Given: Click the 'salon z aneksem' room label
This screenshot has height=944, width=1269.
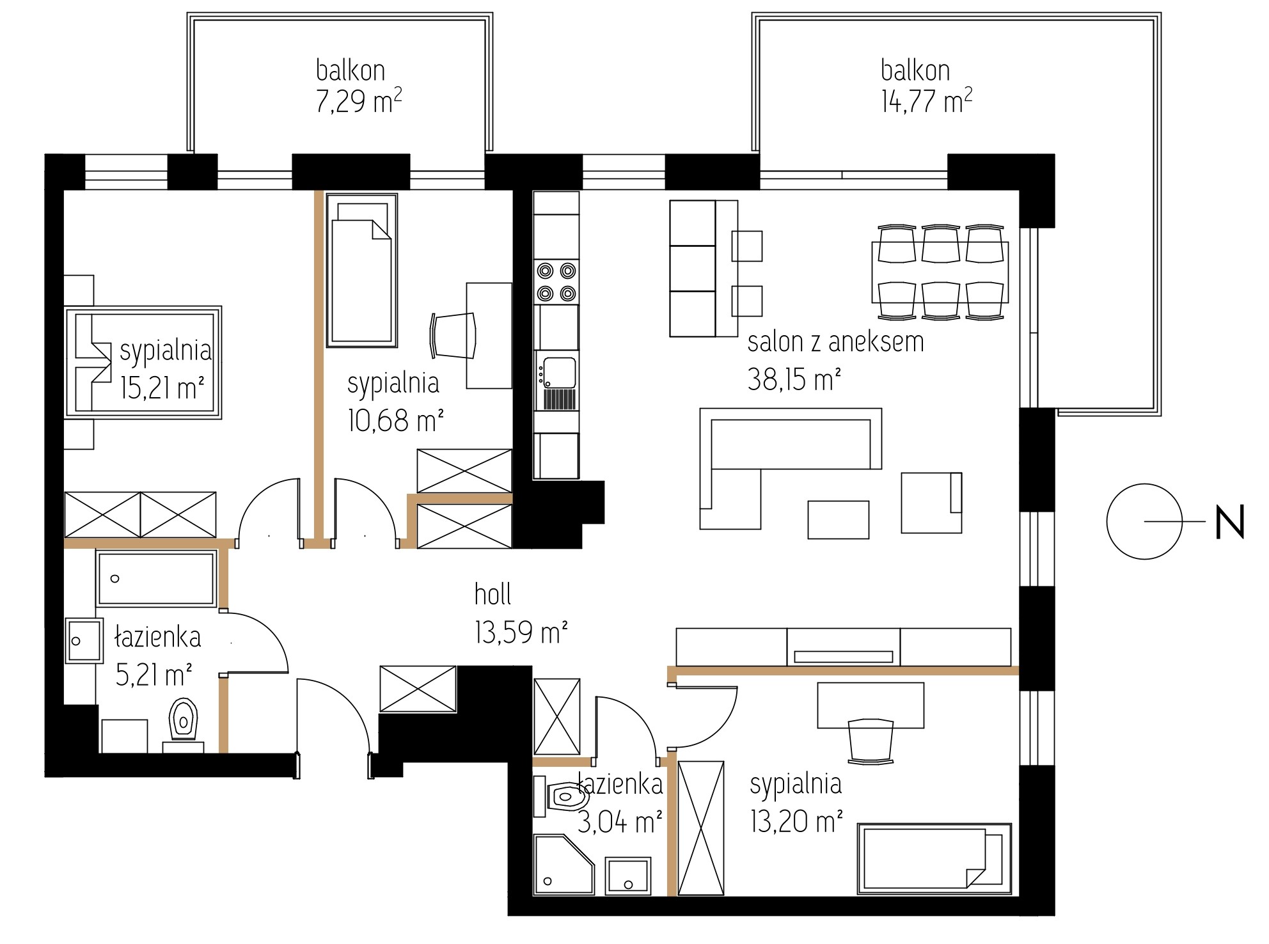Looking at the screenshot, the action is coord(835,343).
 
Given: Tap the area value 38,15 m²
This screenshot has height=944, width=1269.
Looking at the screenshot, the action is coord(794,381).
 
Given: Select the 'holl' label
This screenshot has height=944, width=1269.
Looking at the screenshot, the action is coord(493,594).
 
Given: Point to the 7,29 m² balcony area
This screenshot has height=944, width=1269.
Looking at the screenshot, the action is coord(359,101).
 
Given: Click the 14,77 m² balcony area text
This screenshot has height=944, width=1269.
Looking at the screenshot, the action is coord(927,101).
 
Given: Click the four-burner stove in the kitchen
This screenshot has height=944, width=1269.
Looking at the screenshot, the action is coord(556,282).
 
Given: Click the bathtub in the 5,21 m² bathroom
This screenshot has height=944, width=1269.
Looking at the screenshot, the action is coord(155,579).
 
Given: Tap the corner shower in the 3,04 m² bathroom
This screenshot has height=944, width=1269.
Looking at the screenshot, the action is coord(564,864).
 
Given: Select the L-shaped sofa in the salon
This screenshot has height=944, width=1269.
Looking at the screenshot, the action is coord(790,468).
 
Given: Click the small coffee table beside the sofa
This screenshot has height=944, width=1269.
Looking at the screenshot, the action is coord(838,520).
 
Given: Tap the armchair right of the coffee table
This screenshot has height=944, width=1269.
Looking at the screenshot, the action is coord(931,502).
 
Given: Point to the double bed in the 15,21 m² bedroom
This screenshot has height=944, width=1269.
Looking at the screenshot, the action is coord(143,362).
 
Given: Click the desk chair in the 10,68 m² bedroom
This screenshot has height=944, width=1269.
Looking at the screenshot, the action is coord(453,336).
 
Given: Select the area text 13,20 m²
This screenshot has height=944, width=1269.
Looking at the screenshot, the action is coord(796,821).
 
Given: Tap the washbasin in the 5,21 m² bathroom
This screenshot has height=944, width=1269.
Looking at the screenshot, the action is coord(84,640).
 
